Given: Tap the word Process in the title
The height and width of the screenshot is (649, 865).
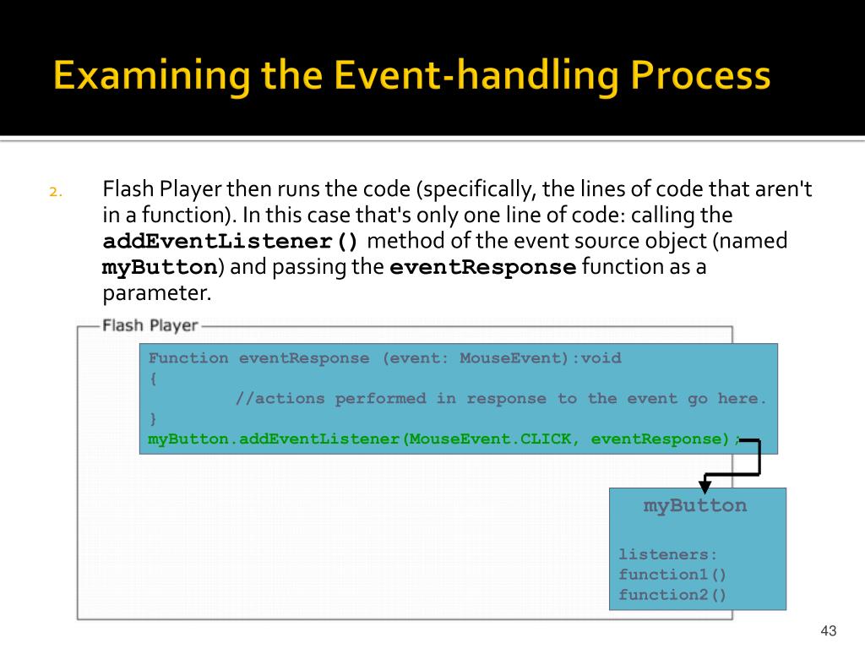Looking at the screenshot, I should click(700, 77).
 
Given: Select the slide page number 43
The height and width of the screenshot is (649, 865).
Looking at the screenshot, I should click(828, 631).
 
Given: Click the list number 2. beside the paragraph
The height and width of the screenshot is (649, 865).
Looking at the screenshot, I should click(55, 191).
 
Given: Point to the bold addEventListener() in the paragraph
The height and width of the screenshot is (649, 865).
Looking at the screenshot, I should click(231, 242).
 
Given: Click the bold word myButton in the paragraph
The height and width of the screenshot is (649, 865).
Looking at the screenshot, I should click(160, 268).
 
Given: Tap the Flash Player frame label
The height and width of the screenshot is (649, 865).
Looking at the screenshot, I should click(150, 325).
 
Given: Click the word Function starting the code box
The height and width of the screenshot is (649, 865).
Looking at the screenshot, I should click(188, 358).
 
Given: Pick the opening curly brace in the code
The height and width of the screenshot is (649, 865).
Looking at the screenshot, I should click(153, 379).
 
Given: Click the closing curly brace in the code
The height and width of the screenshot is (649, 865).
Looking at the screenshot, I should click(153, 418).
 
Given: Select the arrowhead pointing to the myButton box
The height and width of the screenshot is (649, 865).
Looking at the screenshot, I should click(705, 487).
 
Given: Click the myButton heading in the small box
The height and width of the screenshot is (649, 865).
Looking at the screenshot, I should click(694, 506).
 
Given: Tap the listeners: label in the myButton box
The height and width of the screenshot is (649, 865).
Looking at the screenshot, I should click(667, 555).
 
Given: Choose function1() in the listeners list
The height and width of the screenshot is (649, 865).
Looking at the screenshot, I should click(672, 575).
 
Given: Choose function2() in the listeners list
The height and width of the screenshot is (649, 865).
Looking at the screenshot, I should click(672, 595).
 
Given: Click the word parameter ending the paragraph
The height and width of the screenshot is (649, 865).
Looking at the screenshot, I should click(154, 293).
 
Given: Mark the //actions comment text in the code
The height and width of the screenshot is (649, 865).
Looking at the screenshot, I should click(279, 399).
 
